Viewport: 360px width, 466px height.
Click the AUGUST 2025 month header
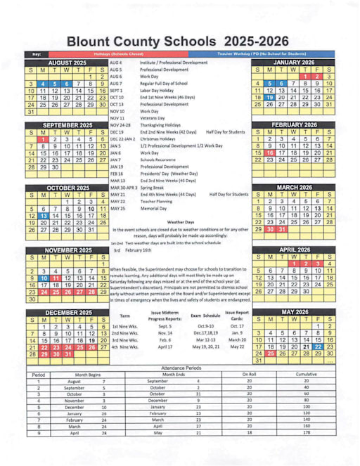[x=67, y=62]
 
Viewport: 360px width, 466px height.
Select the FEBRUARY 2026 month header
[x=293, y=124]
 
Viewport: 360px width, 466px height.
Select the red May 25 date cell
[x=269, y=354]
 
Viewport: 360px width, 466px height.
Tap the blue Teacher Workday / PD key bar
[x=260, y=53]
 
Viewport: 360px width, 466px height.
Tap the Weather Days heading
[x=180, y=221]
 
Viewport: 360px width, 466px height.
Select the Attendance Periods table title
[x=179, y=368]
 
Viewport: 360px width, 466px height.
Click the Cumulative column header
[x=306, y=375]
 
